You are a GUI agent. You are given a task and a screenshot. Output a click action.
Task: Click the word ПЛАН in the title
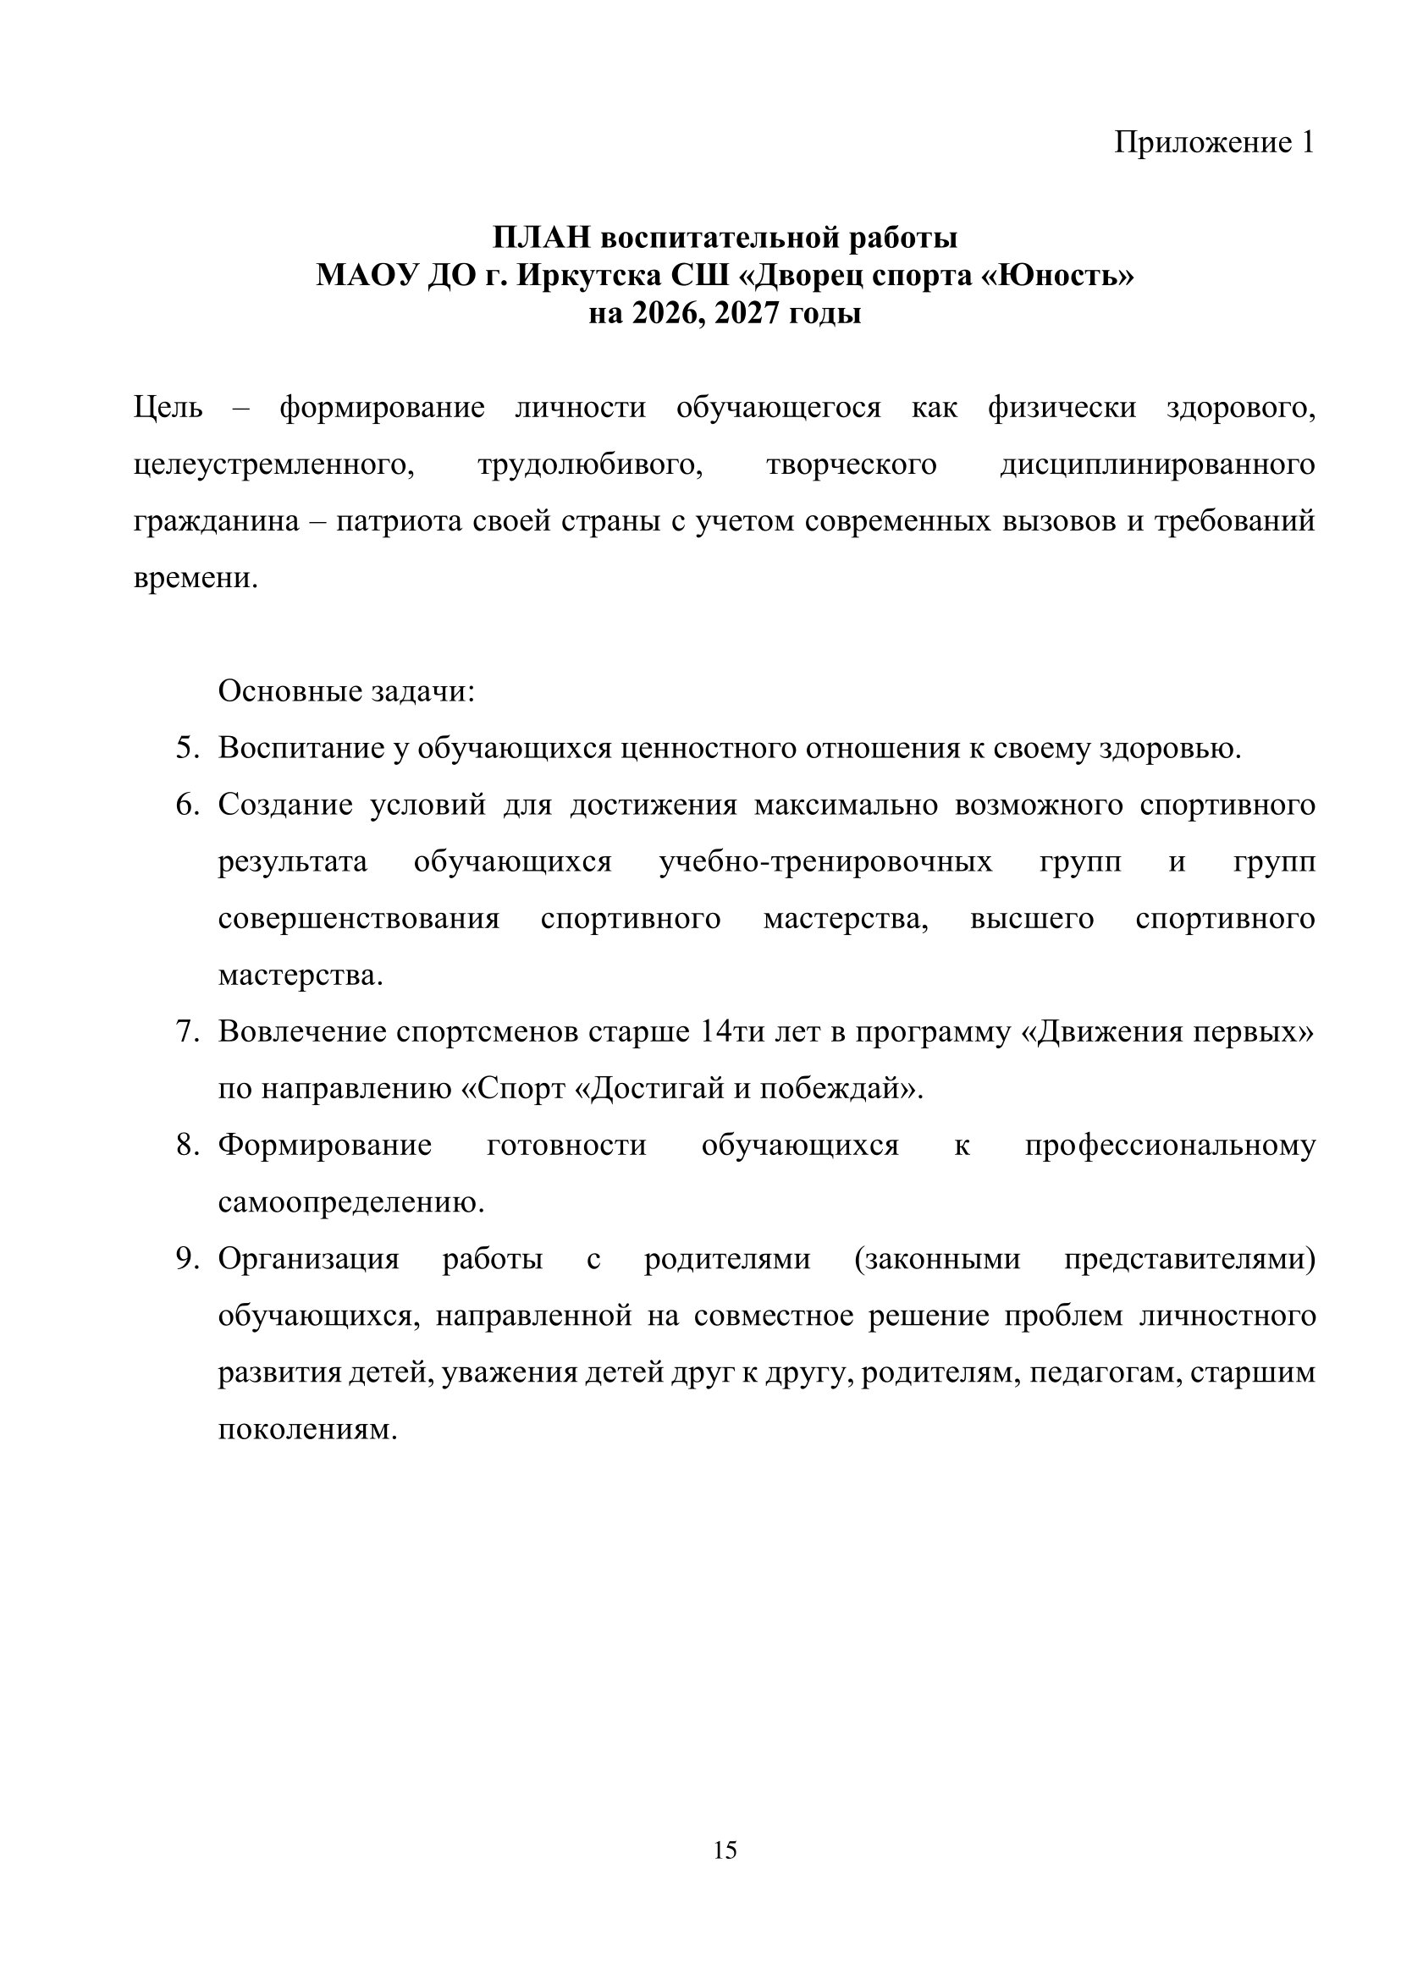coord(540,237)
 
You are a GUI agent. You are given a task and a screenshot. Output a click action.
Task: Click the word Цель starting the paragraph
coord(168,408)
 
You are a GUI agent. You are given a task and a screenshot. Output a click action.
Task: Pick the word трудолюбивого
coord(590,465)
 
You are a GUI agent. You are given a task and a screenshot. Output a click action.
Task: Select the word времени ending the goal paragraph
coord(196,579)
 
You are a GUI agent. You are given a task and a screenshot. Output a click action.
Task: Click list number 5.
coord(187,749)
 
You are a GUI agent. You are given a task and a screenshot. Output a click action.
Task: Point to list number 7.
coord(187,1032)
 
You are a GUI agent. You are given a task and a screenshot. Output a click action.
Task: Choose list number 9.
coord(187,1260)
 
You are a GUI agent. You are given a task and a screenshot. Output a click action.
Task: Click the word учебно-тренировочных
coord(825,862)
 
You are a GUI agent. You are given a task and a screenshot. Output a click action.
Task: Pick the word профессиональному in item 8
coord(1170,1146)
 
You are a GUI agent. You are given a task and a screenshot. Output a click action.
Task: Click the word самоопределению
coord(351,1203)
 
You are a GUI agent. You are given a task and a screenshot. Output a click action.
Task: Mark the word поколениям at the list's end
coord(307,1431)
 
